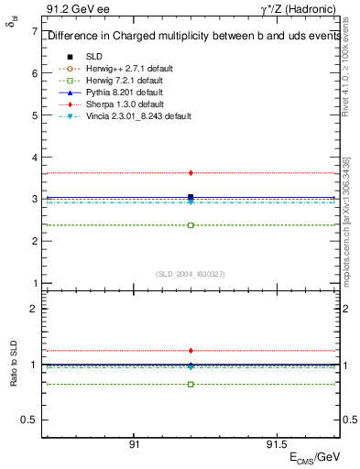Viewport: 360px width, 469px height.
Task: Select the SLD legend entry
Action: tap(93, 57)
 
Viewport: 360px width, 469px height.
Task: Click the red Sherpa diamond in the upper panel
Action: tap(191, 172)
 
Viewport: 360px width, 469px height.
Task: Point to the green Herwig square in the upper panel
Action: tap(191, 224)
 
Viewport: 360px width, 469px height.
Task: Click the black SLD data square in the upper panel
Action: tap(191, 197)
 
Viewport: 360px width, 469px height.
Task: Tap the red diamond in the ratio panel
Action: tap(191, 350)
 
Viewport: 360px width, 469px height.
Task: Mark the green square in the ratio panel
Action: tap(191, 384)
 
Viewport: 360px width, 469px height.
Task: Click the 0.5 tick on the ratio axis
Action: tap(30, 420)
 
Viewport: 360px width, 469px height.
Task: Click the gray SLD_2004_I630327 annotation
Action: tap(191, 274)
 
